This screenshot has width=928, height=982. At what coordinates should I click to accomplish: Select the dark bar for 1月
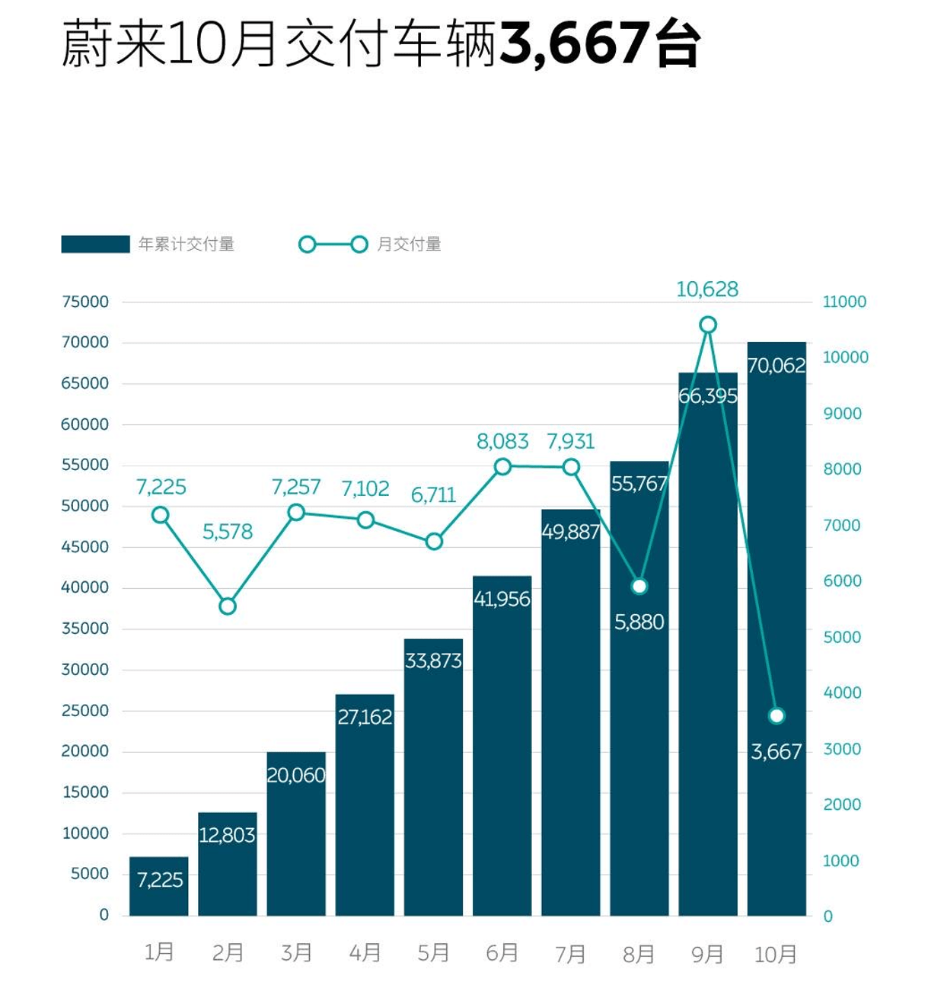[x=159, y=888]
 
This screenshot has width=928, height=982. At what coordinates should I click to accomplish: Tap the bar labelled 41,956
[x=502, y=747]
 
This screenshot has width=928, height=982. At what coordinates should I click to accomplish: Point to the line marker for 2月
[x=228, y=606]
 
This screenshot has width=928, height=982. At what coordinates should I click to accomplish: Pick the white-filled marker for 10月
[x=777, y=715]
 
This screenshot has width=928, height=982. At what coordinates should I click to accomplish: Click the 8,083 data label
[x=502, y=441]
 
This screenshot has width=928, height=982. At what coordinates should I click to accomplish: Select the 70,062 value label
[x=776, y=366]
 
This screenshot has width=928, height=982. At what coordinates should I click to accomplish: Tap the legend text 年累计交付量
[x=187, y=245]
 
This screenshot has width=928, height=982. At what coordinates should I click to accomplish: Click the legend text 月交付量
[x=410, y=245]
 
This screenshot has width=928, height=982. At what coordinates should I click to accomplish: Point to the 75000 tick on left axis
[x=85, y=302]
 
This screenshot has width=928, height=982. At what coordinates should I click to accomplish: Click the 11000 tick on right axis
[x=844, y=302]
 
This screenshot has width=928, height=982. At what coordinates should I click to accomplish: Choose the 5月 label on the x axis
[x=433, y=953]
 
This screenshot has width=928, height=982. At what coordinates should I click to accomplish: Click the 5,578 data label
[x=228, y=532]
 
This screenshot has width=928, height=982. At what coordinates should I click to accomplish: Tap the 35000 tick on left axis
[x=85, y=629]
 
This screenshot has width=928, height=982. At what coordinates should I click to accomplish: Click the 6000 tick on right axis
[x=842, y=581]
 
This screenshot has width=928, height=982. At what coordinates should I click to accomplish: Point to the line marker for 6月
[x=502, y=467]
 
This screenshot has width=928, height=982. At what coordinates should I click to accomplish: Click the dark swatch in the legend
[x=95, y=245]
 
